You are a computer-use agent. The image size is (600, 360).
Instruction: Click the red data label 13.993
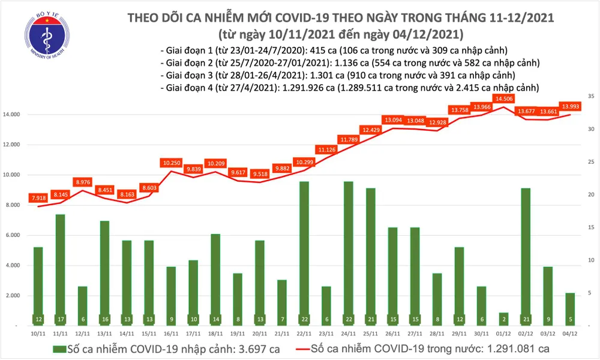tap(569, 106)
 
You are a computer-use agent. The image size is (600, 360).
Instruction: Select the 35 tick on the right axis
tap(591, 97)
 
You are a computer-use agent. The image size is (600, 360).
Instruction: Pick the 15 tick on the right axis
tap(591, 228)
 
